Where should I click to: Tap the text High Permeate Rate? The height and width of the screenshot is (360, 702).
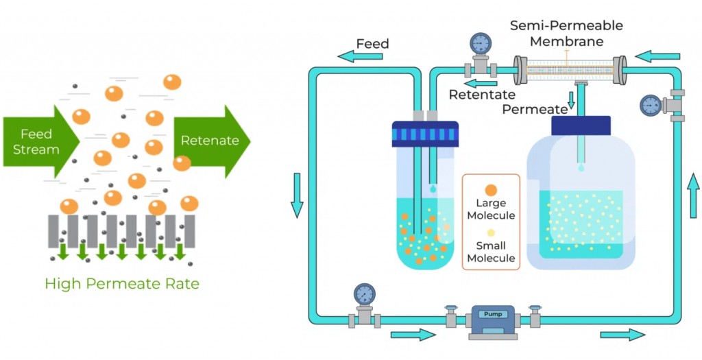[x=122, y=283]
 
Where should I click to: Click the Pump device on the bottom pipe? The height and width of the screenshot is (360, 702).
[x=492, y=319]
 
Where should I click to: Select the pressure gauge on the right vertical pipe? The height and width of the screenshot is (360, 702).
[x=651, y=105]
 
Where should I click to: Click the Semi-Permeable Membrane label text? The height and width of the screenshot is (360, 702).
[x=566, y=34]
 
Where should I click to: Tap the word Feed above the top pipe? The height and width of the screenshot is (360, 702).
[x=372, y=44]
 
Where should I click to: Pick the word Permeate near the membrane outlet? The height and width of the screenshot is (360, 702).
[x=535, y=109]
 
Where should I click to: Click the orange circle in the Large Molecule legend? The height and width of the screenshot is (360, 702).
[x=490, y=189]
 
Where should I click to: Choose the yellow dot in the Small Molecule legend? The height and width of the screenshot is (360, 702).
[x=491, y=233]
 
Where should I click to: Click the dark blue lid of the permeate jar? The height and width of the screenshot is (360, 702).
[x=581, y=125]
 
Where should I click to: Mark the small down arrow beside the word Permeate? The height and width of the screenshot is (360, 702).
[x=572, y=100]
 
